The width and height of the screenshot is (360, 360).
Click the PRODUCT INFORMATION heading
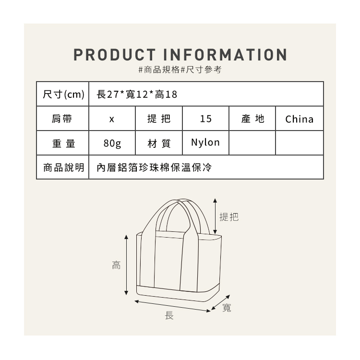[x=180, y=54]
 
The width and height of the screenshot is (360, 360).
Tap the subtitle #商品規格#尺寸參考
[x=180, y=70]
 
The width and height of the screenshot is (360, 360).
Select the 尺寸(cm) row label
[x=63, y=94]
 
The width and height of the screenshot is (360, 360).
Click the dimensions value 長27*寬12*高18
[x=137, y=94]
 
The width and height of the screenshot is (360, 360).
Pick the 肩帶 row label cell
[x=63, y=119]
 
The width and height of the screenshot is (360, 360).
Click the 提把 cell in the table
[x=158, y=119]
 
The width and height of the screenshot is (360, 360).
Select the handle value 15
[x=205, y=119]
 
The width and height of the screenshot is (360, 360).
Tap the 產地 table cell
[x=252, y=119]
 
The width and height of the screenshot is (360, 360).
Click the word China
[x=299, y=119]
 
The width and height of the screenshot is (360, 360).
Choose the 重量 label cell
[x=63, y=143]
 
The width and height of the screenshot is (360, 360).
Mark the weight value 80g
[x=112, y=143]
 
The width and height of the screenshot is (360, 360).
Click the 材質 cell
[x=158, y=143]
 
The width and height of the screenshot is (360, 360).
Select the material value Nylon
[x=205, y=143]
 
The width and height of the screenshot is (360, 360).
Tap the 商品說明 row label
[x=63, y=168]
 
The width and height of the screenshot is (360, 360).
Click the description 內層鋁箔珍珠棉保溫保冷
[x=154, y=168]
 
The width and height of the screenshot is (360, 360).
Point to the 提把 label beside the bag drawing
[x=228, y=217]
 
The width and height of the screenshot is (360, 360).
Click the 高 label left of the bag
[x=116, y=265]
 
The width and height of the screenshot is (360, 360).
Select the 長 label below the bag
[x=169, y=315]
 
